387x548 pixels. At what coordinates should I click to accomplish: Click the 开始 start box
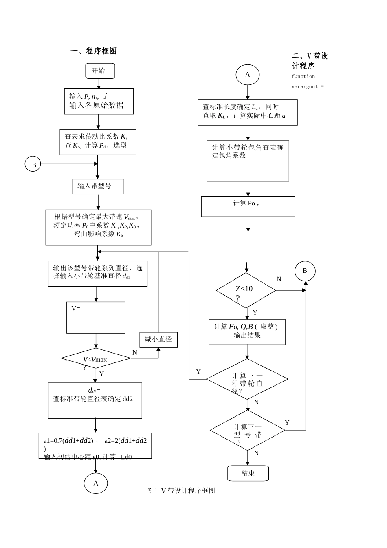(x=100, y=71)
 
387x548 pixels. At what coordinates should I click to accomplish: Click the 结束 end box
(x=248, y=473)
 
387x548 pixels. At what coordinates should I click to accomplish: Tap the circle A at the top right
(x=247, y=75)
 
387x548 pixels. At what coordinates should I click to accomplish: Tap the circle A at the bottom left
(x=96, y=484)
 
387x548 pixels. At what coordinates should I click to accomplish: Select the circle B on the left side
(x=34, y=164)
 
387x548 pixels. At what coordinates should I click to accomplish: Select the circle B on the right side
(x=305, y=271)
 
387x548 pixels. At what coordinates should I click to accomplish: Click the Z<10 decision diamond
(x=246, y=290)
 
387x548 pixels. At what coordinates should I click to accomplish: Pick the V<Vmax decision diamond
(x=96, y=358)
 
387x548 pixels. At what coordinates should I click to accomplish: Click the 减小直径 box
(x=158, y=339)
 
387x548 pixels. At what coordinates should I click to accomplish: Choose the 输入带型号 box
(x=98, y=186)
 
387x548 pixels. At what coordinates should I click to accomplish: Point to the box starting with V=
(x=96, y=318)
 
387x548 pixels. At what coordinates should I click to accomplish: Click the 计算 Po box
(x=248, y=206)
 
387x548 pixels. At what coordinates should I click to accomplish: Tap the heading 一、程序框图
(x=94, y=51)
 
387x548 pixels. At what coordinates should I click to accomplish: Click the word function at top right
(x=303, y=76)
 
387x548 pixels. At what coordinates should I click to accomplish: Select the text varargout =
(x=308, y=86)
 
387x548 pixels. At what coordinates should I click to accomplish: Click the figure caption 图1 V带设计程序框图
(x=180, y=491)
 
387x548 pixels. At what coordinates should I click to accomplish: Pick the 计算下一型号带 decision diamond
(x=247, y=430)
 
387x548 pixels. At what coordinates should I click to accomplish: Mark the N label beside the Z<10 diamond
(x=279, y=279)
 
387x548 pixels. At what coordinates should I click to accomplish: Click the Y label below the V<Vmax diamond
(x=101, y=374)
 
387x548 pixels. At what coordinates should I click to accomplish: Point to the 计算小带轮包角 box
(x=248, y=161)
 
